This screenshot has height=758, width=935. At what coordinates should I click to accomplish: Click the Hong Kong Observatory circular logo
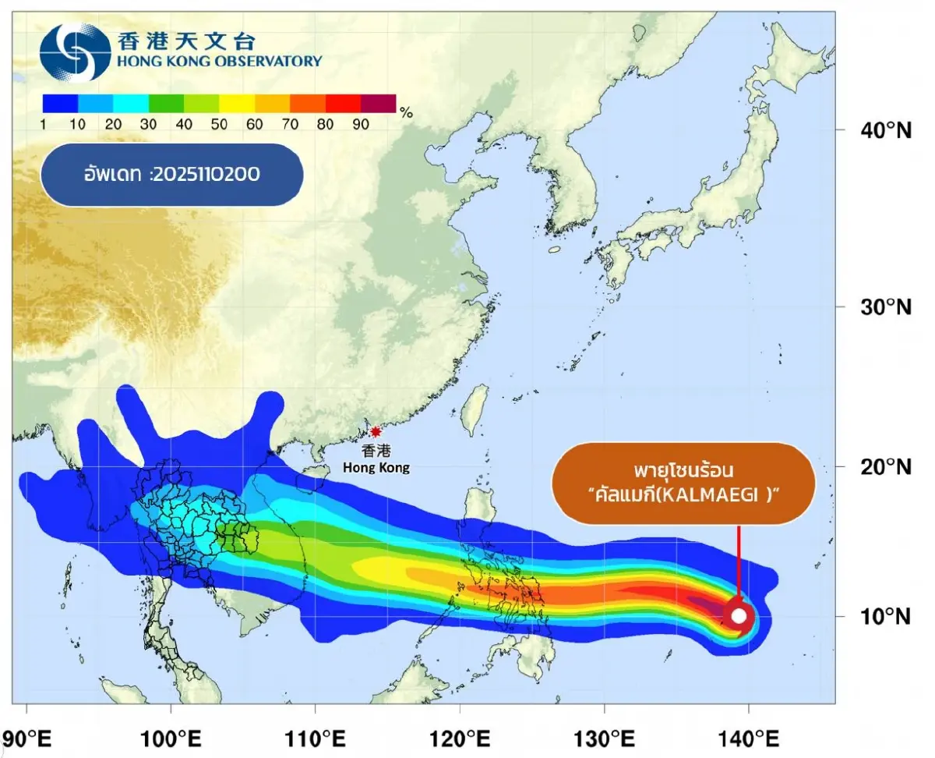(75, 51)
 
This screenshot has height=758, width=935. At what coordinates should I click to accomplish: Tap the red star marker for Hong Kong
(376, 432)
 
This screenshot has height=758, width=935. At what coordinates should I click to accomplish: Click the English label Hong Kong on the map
(376, 468)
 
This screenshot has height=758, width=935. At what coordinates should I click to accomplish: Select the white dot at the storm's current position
(739, 616)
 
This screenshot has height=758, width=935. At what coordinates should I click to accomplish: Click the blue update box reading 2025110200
(171, 174)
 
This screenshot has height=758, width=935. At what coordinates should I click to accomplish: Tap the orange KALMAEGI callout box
(683, 483)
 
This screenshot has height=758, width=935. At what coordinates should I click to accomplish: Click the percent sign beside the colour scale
(406, 112)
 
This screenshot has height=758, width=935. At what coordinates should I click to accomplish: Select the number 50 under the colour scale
(219, 123)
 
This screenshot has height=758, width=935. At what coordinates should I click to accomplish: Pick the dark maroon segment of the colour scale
(379, 103)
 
